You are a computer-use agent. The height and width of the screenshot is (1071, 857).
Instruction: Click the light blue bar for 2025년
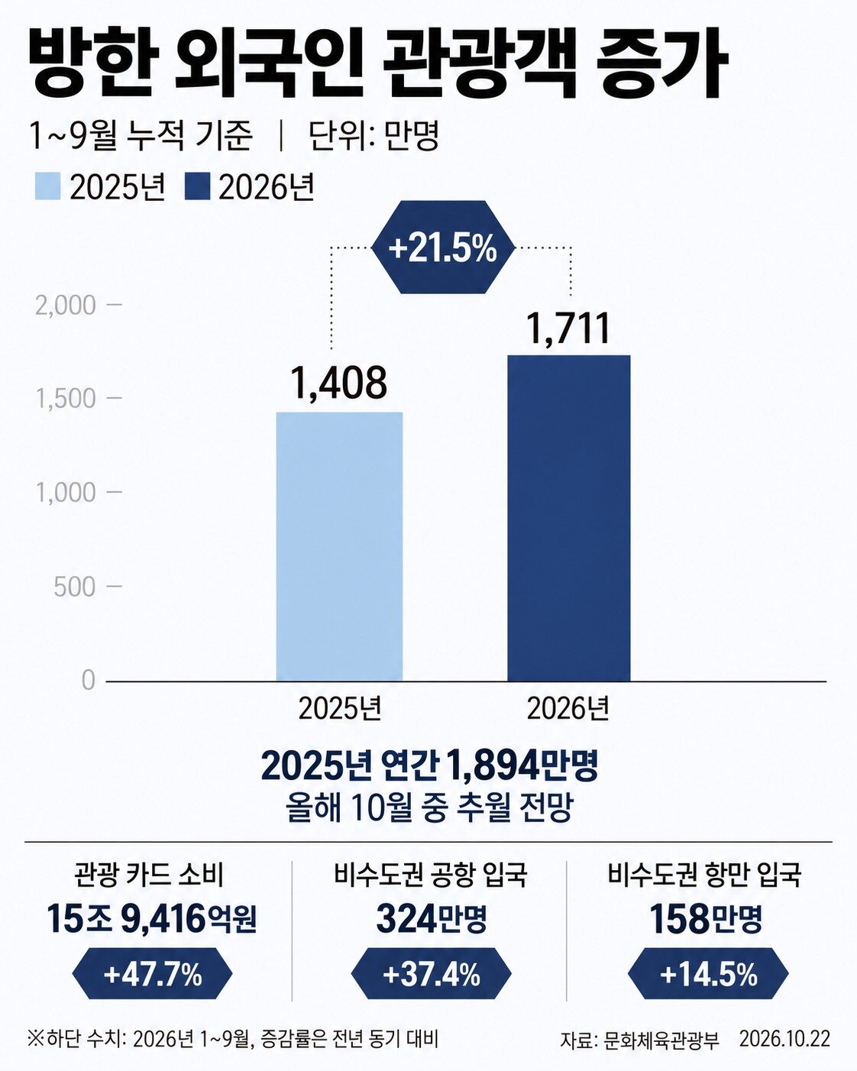[x=339, y=546]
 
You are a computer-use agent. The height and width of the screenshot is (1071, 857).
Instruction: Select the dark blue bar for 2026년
[x=569, y=518]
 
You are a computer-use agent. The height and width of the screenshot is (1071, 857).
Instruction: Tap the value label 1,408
[x=339, y=383]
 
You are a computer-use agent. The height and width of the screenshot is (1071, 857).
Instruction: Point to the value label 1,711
[x=569, y=328]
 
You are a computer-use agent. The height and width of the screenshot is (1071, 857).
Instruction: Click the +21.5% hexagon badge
[x=443, y=248]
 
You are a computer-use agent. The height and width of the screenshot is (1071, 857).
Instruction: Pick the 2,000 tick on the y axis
[x=65, y=305]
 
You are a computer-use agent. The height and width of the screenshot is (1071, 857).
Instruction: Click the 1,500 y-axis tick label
[x=65, y=398]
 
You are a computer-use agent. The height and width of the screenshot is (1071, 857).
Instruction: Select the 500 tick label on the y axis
[x=75, y=587]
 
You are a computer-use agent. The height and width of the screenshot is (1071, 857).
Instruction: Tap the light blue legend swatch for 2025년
[x=47, y=186]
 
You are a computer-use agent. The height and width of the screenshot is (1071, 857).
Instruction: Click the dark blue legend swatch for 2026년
[x=197, y=186]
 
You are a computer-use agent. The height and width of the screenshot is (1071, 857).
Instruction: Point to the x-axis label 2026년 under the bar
[x=568, y=709]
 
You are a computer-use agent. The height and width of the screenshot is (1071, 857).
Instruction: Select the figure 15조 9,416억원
[x=152, y=919]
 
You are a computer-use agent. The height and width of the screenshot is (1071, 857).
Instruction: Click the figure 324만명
[x=431, y=919]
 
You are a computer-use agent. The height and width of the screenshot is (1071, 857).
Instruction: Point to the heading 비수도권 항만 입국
[x=704, y=875]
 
